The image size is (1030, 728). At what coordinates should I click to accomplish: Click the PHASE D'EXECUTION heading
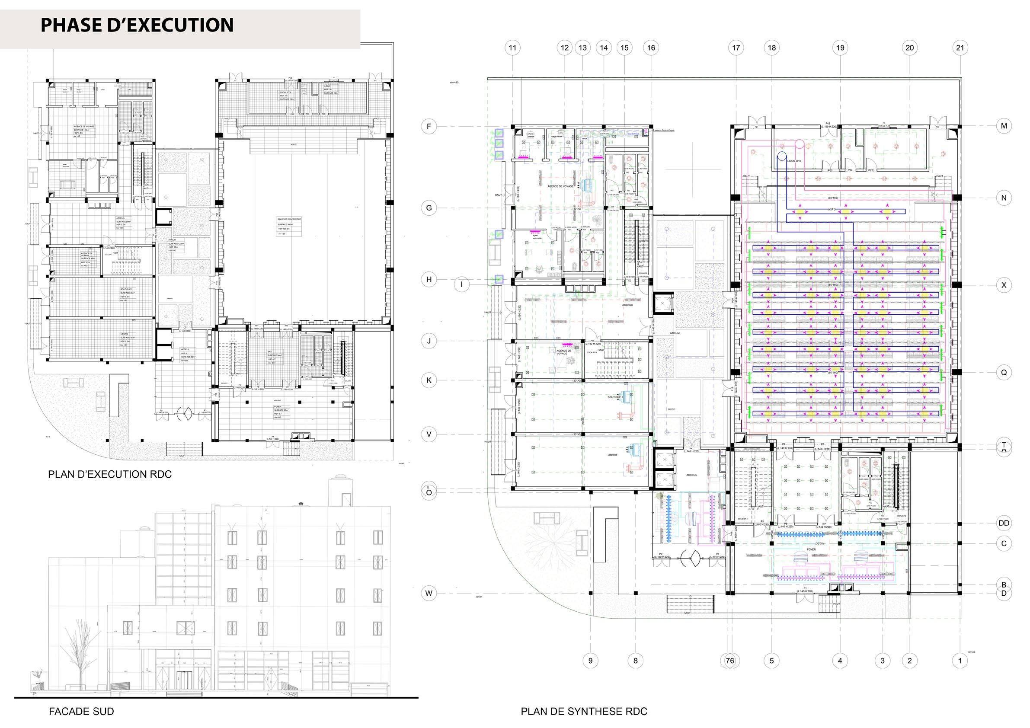137,25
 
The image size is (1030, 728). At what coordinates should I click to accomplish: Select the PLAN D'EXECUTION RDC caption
110,475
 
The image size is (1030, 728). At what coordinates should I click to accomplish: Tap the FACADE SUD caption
81,712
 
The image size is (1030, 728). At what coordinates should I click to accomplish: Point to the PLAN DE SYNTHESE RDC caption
584,712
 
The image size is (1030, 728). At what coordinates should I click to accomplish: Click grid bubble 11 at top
513,48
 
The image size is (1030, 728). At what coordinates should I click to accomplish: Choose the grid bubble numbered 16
651,48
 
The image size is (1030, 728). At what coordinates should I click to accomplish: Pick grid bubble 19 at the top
840,48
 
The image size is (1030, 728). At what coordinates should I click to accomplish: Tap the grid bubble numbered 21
960,48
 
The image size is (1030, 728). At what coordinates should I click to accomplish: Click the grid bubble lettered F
429,127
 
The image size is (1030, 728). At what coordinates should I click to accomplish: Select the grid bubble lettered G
429,208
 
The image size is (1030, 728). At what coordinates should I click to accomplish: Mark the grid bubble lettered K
429,380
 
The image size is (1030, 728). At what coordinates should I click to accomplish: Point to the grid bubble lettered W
429,594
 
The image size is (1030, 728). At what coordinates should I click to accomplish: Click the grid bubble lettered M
1004,126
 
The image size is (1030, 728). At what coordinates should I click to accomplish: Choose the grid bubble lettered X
1004,285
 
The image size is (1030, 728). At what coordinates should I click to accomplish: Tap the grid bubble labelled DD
1004,523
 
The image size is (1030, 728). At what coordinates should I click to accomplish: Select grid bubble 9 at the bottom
590,660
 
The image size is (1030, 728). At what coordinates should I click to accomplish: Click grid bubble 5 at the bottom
771,660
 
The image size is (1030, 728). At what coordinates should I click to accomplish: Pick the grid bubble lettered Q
1004,372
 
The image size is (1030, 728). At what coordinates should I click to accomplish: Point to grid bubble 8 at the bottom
635,660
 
